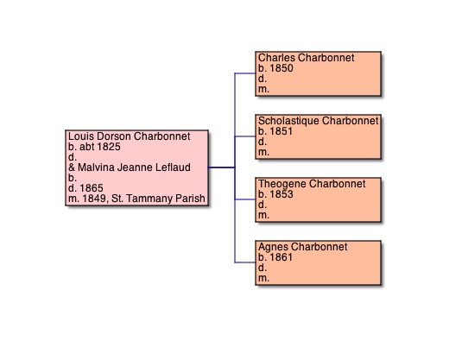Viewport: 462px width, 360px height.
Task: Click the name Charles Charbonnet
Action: (x=307, y=58)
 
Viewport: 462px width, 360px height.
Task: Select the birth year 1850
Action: (x=282, y=68)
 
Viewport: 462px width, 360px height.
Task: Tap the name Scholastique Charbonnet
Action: (x=318, y=121)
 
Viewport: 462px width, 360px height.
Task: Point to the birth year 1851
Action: (x=282, y=131)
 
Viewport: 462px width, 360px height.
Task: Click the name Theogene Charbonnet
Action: (x=312, y=184)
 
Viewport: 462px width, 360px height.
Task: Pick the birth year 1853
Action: (x=282, y=194)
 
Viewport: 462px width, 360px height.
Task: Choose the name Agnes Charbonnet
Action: (x=303, y=247)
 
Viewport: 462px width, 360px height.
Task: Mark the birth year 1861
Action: (x=282, y=257)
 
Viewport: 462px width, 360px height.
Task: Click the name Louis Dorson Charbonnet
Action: (x=130, y=136)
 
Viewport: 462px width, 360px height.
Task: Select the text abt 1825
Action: (x=100, y=147)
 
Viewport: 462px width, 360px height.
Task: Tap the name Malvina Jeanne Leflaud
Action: (x=134, y=167)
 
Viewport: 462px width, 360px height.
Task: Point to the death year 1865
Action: (x=92, y=188)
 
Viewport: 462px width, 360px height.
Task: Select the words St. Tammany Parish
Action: (x=158, y=199)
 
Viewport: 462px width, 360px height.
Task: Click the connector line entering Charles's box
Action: (x=245, y=73)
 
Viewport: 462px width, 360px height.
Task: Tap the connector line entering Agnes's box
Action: (x=245, y=262)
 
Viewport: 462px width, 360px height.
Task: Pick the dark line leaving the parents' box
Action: (x=222, y=167)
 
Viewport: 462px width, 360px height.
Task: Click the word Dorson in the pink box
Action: (x=114, y=136)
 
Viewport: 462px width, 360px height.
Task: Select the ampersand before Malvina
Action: (x=72, y=167)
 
